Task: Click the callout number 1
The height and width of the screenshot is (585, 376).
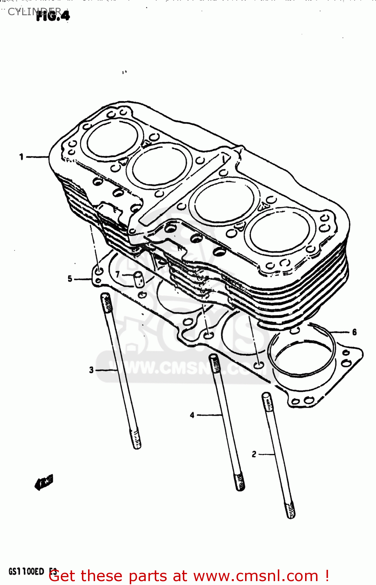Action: (x=21, y=157)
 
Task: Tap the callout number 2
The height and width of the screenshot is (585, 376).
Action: (x=254, y=454)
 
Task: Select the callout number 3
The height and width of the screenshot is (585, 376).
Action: (x=91, y=370)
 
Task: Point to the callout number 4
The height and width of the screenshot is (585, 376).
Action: (x=192, y=415)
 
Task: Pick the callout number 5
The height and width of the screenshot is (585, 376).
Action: (x=70, y=278)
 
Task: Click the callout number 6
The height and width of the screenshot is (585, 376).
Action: (x=354, y=332)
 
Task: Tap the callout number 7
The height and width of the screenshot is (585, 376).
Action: (x=117, y=275)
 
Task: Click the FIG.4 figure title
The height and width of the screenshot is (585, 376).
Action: (x=53, y=16)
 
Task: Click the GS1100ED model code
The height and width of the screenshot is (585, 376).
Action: (x=26, y=571)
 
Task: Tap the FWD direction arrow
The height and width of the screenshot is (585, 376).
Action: (x=44, y=482)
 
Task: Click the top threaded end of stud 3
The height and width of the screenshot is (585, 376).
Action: (x=106, y=303)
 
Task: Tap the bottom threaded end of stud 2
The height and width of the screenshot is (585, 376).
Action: (x=290, y=510)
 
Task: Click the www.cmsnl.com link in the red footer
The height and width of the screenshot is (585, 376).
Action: (x=256, y=576)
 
